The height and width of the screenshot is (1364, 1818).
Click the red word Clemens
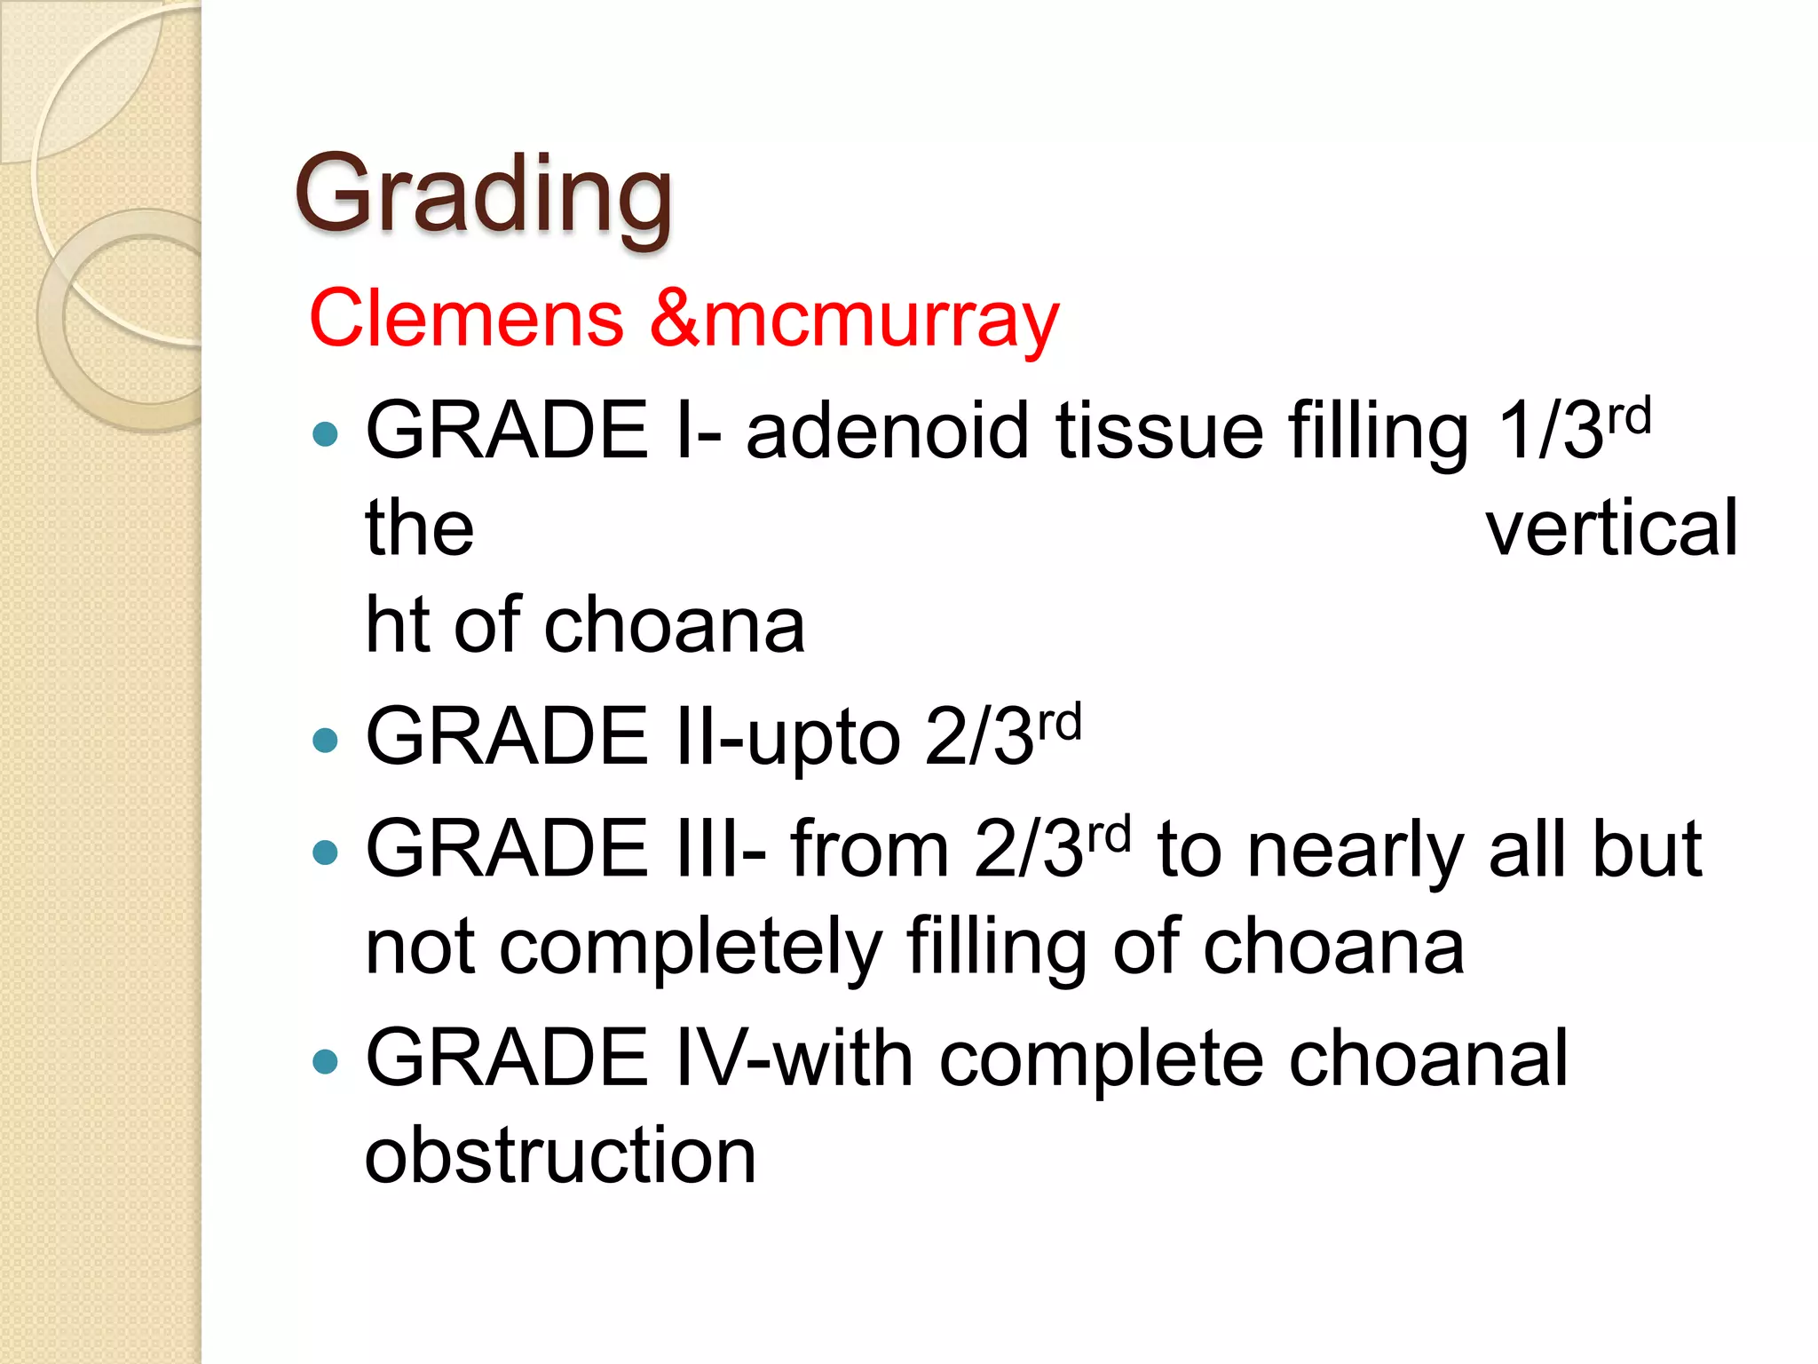click(x=466, y=318)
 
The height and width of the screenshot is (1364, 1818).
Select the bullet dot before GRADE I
click(x=326, y=433)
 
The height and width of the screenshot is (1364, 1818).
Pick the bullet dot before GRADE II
click(x=326, y=740)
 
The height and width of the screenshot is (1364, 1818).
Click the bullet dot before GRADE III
click(x=326, y=852)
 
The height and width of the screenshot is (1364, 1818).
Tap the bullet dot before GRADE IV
click(x=326, y=1061)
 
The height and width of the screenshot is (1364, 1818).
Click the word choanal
click(x=1428, y=1059)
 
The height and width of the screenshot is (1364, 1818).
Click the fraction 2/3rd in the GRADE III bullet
click(x=1051, y=849)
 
